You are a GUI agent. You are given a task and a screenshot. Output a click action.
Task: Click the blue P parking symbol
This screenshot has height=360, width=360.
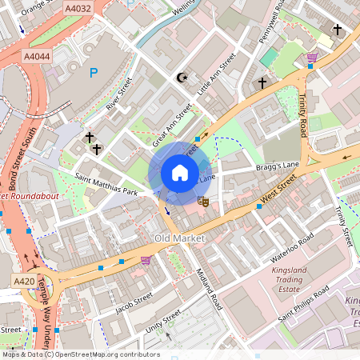point(94,74)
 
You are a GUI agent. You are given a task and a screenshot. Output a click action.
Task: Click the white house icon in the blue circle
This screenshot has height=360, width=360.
point(179,173)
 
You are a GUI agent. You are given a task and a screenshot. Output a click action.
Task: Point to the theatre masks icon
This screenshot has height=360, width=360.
point(203,202)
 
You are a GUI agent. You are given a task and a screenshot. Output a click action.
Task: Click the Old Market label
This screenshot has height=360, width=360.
point(179,238)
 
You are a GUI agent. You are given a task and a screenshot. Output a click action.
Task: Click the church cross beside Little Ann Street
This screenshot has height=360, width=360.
point(262,82)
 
